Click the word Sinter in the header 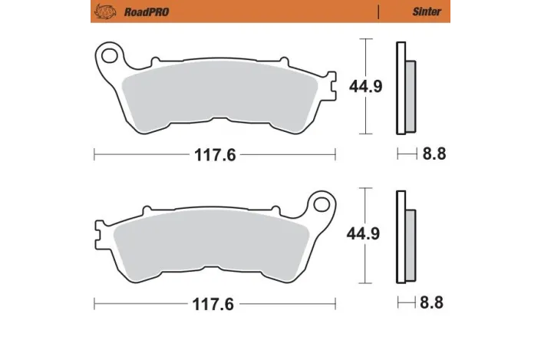tap(427, 12)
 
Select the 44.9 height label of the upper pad tap(366, 87)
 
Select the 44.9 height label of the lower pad tap(366, 234)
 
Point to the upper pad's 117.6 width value tap(215, 154)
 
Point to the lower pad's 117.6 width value tap(215, 302)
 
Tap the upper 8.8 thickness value tap(434, 154)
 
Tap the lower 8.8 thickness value tap(434, 302)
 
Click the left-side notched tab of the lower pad tap(99, 228)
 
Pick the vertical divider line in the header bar tap(378, 12)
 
